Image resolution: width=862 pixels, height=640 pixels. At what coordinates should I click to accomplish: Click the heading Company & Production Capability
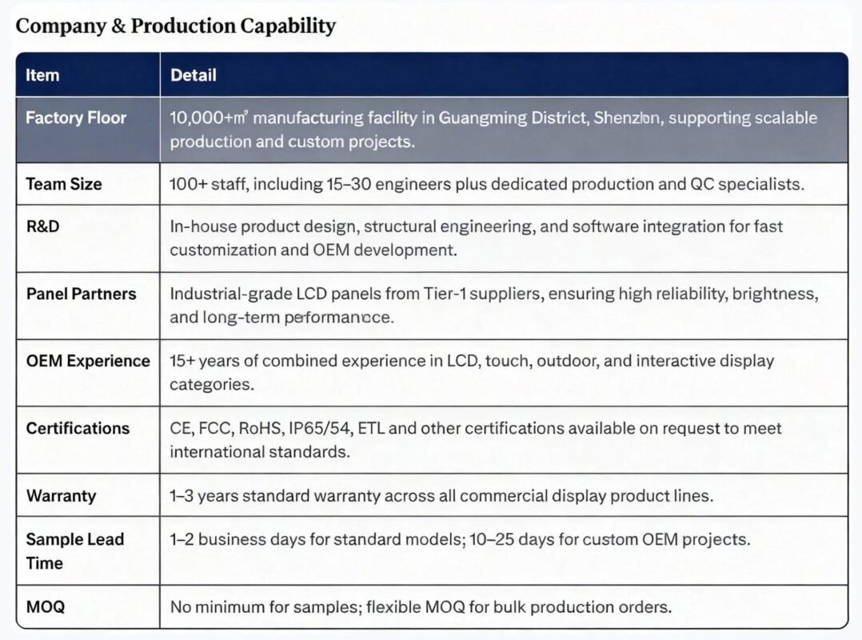(175, 26)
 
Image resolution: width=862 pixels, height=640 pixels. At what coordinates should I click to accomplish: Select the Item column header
(42, 75)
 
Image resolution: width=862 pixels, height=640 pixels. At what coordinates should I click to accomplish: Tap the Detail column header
(194, 75)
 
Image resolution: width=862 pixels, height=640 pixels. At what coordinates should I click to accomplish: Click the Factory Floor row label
(76, 118)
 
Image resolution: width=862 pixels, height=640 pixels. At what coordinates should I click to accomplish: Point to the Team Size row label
(64, 184)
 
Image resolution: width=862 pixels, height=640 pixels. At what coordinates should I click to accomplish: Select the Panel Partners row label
(81, 294)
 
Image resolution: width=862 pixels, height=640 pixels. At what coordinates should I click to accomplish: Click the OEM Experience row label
(88, 361)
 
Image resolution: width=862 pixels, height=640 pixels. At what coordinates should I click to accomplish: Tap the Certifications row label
(78, 428)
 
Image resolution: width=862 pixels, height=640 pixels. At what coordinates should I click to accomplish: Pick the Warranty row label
(61, 496)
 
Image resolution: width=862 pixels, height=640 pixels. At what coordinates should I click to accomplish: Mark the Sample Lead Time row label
(74, 551)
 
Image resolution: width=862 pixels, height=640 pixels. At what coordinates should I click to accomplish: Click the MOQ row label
(46, 607)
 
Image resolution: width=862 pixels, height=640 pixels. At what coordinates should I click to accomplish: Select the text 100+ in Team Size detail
(189, 184)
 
